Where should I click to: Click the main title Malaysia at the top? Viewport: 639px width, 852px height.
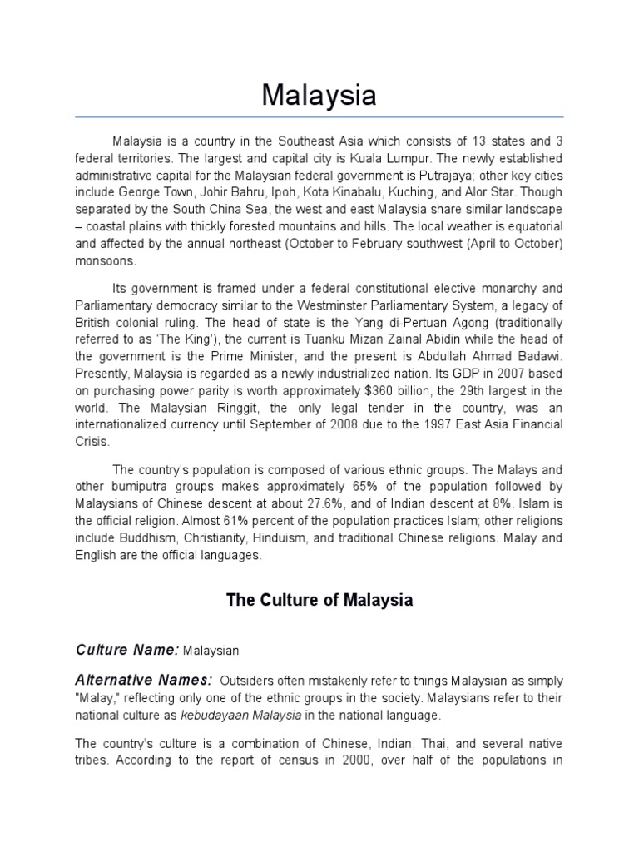pos(319,95)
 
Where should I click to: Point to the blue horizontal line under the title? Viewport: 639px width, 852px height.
pos(319,116)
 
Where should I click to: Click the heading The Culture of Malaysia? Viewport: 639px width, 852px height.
pos(319,600)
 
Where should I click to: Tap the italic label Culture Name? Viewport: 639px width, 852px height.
pos(126,648)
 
